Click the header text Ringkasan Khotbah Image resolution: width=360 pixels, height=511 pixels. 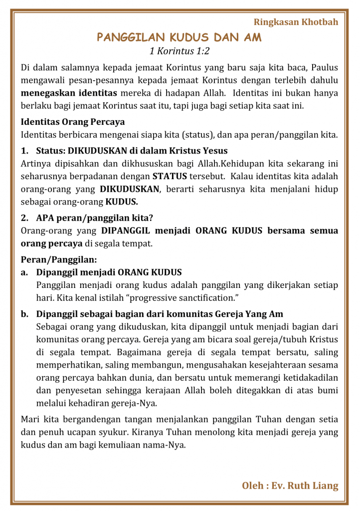click(x=296, y=22)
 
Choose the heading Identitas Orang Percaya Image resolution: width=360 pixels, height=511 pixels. click(x=73, y=122)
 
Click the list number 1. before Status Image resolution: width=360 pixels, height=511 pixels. click(x=24, y=151)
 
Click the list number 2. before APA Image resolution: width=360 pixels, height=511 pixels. click(x=24, y=218)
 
